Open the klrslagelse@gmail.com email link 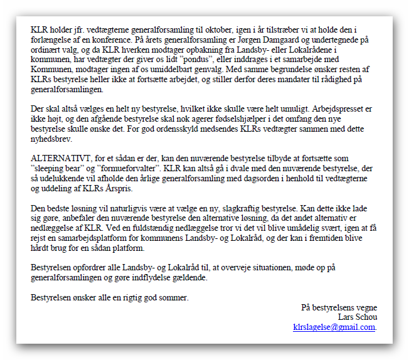click(334, 327)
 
